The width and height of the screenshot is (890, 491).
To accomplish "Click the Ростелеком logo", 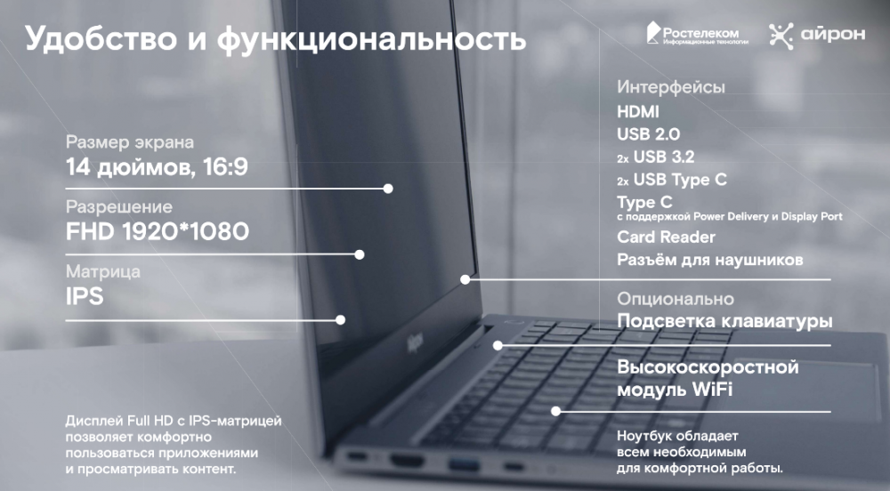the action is [x=697, y=34].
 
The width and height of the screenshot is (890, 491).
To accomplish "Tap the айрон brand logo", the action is [x=817, y=36].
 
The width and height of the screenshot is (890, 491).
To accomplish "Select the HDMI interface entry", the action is [x=638, y=112].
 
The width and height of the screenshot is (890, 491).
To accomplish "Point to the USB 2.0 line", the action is [x=648, y=134].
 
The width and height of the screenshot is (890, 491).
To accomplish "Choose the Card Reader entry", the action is [x=666, y=237].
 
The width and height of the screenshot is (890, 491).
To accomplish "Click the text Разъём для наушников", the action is [x=710, y=260].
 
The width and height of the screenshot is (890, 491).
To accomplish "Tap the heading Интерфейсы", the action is [x=671, y=87].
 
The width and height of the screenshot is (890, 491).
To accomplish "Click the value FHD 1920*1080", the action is [x=158, y=231].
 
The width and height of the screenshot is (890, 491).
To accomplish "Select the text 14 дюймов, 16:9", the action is [x=157, y=167].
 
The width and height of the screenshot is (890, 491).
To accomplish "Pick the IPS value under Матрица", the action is [x=85, y=296].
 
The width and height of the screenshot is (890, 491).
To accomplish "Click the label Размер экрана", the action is [x=129, y=141].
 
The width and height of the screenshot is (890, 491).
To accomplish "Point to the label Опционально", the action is [x=676, y=299].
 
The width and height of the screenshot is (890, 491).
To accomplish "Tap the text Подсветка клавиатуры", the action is [x=724, y=321].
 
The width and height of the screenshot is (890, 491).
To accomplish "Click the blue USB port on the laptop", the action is [x=464, y=465].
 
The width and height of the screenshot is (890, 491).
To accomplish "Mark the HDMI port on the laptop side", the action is [x=407, y=461].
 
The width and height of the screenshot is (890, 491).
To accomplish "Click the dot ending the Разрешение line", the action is [x=360, y=254].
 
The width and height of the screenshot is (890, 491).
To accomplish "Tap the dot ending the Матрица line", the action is [x=341, y=320].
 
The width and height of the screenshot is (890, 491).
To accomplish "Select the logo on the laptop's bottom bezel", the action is [x=415, y=343].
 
